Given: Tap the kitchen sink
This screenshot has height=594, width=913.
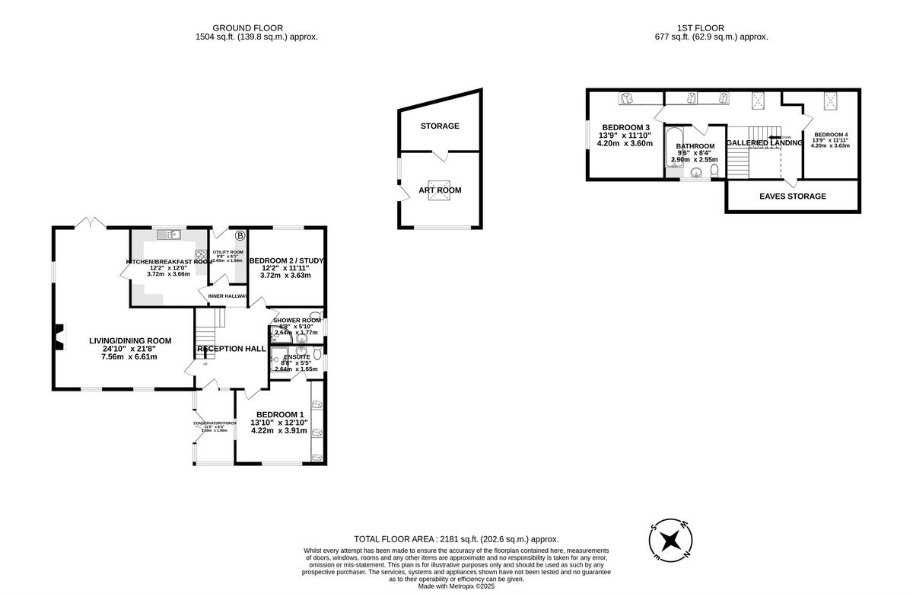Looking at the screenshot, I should click(168, 235).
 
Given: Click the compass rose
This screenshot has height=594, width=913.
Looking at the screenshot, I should click(670, 541).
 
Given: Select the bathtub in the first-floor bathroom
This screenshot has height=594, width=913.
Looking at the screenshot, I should click(673, 150).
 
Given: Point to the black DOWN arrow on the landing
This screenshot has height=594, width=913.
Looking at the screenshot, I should click(775, 138).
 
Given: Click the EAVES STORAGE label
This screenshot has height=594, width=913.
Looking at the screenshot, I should click(792, 196).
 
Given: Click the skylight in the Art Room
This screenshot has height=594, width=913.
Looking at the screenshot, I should click(439, 190).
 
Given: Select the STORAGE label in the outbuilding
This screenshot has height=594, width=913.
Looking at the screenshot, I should click(440, 126).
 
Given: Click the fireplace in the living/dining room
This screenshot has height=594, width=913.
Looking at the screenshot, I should click(59, 334).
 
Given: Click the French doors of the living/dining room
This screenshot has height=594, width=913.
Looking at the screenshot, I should click(91, 223).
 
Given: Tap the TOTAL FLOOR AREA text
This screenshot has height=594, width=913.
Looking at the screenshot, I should click(456, 538).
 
